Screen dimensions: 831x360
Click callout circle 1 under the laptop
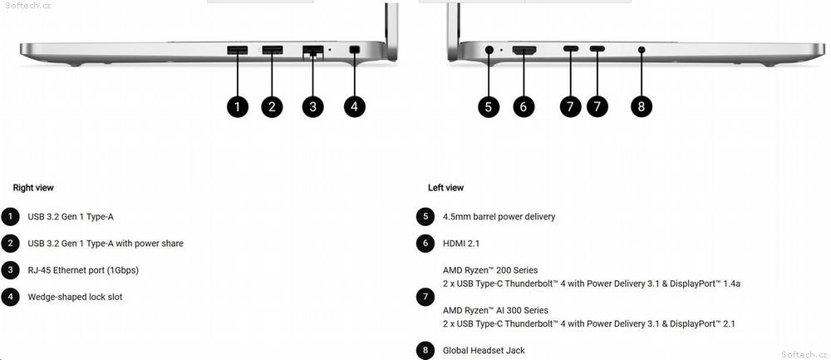pos(238,106)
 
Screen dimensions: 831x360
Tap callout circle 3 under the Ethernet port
pos(312,106)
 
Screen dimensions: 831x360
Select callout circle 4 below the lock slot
pos(354,106)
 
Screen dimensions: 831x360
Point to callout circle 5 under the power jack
pos(488,106)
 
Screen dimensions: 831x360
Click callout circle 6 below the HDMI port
pos(523,106)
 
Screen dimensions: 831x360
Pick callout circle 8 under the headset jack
pos(642,106)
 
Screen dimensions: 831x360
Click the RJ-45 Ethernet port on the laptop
pos(312,52)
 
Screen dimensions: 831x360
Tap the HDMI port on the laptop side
pos(524,51)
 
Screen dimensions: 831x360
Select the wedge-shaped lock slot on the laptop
pos(355,50)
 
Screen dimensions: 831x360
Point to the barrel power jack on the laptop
pos(489,50)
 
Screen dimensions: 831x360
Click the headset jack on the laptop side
pos(642,50)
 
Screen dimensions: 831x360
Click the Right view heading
pos(33,188)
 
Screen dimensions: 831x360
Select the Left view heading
pos(445,188)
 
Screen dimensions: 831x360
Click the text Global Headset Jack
pos(484,351)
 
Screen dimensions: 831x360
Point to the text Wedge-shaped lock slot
pos(75,297)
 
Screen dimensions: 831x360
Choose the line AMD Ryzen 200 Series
pos(490,270)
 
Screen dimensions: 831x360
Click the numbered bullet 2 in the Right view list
pos(10,244)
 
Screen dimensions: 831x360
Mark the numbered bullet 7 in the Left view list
pos(425,297)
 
